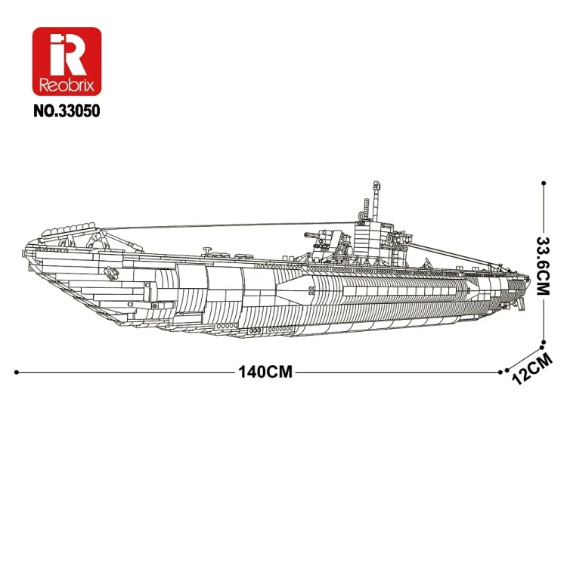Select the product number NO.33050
click(x=67, y=110)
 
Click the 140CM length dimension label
click(x=265, y=372)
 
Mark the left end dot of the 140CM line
click(x=17, y=372)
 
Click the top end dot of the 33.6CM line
click(x=543, y=182)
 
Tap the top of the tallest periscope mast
click(x=374, y=184)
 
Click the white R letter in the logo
click(x=67, y=54)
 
